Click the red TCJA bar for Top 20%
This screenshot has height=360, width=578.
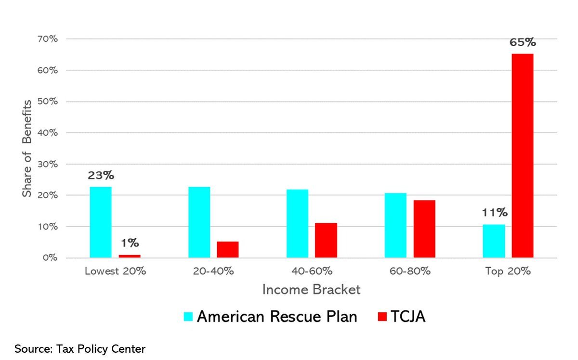(x=523, y=155)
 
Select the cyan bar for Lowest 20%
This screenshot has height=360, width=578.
(x=101, y=222)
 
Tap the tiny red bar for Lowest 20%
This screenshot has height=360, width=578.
(x=130, y=256)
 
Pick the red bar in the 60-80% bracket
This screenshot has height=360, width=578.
(x=424, y=229)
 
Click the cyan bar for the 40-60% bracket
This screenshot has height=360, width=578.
(x=297, y=223)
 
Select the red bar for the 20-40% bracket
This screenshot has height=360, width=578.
(x=227, y=249)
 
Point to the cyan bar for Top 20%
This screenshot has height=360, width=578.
(x=494, y=241)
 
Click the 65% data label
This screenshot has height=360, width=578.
(x=523, y=42)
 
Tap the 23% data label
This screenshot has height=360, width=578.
(x=100, y=176)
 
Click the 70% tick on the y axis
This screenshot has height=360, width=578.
(x=48, y=39)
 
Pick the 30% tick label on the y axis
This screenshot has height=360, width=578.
(x=48, y=164)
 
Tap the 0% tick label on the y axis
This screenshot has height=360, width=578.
(x=50, y=258)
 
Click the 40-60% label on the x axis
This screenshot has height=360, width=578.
(x=312, y=271)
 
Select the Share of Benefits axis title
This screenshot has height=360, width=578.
(x=27, y=148)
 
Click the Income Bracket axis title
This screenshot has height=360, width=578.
(x=311, y=290)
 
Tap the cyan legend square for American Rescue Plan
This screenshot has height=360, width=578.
(x=188, y=317)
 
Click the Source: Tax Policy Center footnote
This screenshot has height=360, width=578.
(x=79, y=348)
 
